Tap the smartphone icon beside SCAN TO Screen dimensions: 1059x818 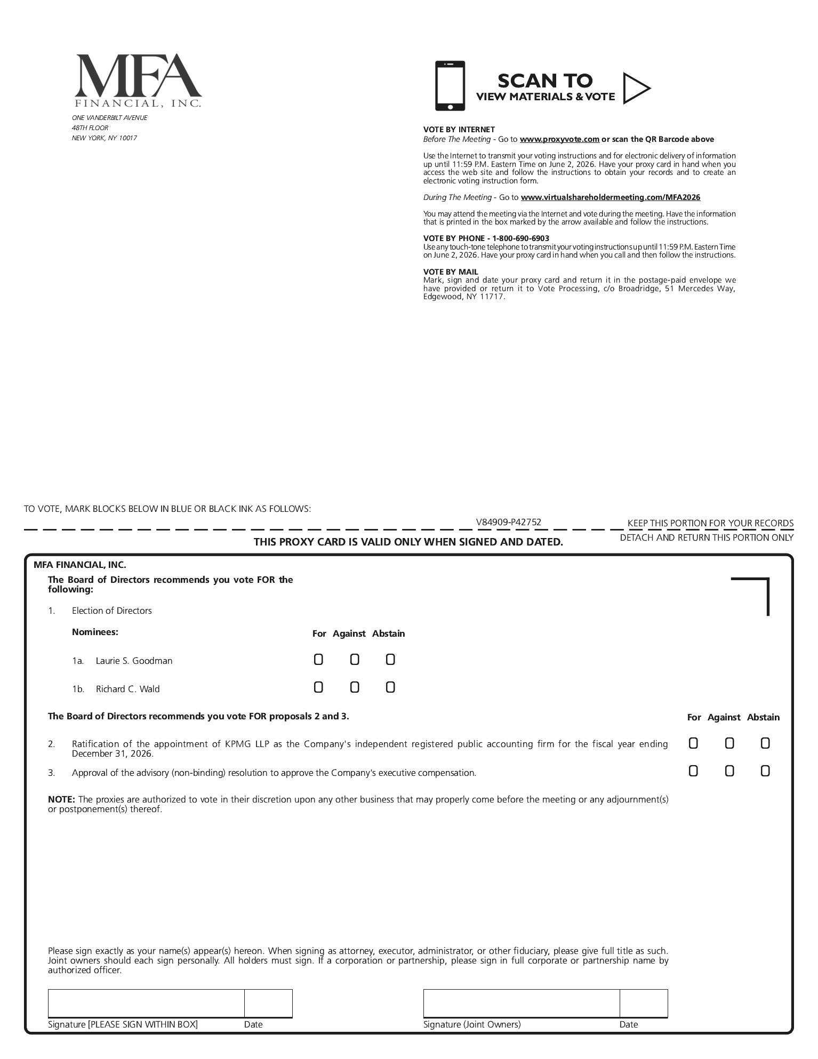point(450,86)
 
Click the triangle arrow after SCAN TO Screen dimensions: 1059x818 point(636,88)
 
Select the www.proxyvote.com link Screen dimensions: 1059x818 point(559,139)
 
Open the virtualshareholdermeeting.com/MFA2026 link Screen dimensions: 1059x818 point(610,197)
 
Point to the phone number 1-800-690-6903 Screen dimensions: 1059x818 point(520,238)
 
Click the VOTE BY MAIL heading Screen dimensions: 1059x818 point(451,272)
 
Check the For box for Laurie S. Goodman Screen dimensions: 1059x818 point(318,660)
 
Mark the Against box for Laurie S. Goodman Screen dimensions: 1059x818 point(355,660)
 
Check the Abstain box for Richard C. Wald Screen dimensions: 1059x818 point(390,688)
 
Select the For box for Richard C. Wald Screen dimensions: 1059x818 point(318,688)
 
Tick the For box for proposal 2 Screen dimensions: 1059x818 point(693,743)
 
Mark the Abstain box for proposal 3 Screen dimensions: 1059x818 point(765,771)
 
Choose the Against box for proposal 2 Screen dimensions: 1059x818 point(729,743)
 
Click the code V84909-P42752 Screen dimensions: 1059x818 point(509,523)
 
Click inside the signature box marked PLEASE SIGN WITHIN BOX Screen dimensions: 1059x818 point(146,1004)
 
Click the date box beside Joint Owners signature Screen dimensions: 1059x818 point(643,1004)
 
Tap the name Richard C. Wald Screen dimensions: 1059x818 point(127,689)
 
